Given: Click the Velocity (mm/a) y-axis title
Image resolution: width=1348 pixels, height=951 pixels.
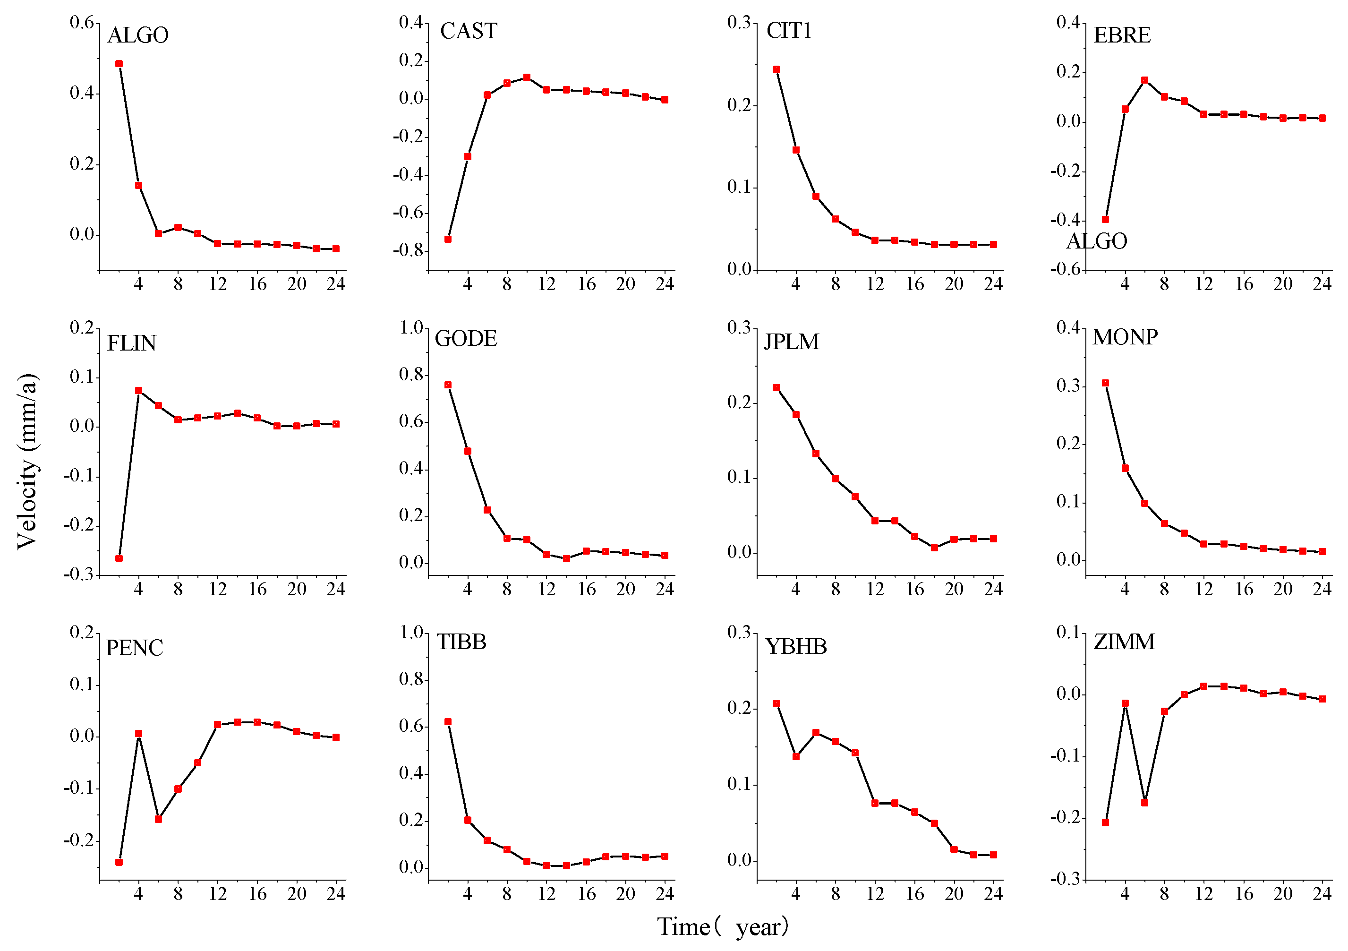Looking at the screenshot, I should point(27,461).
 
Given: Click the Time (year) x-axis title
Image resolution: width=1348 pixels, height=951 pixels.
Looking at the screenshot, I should point(723,927).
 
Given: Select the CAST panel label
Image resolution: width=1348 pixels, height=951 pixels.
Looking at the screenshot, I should point(469,31).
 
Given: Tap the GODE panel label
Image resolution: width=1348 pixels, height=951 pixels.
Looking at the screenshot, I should point(466,339).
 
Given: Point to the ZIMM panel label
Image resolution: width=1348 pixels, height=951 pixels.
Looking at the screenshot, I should point(1124,642).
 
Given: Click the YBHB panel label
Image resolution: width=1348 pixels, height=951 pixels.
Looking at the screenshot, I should point(796,647).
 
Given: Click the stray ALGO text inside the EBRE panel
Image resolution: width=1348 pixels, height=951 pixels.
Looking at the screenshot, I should point(1097,241).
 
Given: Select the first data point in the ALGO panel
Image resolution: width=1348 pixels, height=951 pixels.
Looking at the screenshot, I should point(119,63).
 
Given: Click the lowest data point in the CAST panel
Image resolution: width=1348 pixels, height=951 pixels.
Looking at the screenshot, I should point(448,239).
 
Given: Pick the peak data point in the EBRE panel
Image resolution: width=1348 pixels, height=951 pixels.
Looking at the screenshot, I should point(1145,80).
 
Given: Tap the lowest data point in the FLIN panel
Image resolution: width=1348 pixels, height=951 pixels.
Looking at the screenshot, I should point(119,558).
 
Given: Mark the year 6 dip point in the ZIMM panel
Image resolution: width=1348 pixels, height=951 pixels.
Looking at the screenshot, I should point(1145,802).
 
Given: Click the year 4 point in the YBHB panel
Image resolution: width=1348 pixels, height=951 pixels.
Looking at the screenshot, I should point(796,756).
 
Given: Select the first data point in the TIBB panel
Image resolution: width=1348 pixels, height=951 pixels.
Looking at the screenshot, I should point(448,722).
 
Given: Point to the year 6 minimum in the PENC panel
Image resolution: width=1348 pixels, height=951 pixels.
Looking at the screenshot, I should point(159,819).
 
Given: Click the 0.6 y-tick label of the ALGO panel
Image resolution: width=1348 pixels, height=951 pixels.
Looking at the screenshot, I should point(82,22).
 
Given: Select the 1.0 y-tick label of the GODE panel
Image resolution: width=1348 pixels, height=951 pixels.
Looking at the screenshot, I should point(411,327).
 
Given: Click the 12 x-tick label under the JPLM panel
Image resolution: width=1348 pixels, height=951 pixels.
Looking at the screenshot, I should point(875,589).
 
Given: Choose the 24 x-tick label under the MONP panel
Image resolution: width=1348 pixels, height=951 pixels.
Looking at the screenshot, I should point(1322,589).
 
